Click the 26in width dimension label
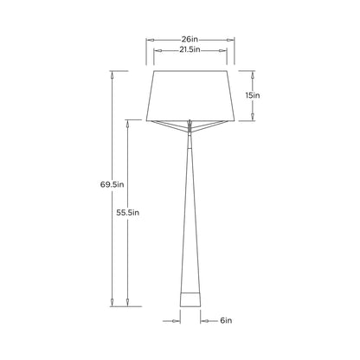(190, 40)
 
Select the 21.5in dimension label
(190, 50)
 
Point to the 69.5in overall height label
(112, 183)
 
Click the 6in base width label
(226, 320)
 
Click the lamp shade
(190, 95)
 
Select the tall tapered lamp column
(190, 216)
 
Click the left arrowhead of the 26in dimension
(148, 40)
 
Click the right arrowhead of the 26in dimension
(233, 40)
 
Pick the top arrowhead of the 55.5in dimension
(129, 124)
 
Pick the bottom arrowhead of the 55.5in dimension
(129, 304)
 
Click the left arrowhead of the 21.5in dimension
(156, 50)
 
